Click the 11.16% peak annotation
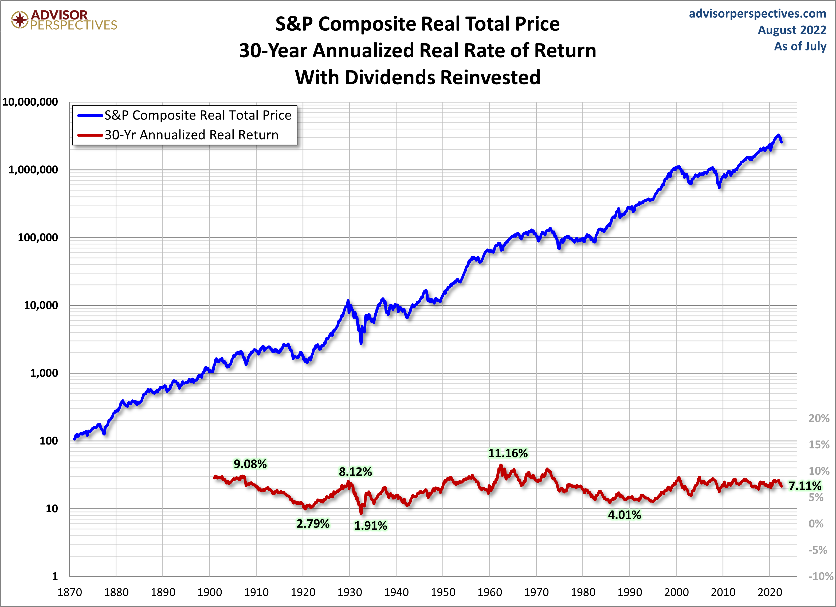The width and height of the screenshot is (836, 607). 508,453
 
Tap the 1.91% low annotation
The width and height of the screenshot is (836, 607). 370,526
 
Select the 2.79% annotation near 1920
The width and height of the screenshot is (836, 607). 313,523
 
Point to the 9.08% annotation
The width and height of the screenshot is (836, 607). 250,464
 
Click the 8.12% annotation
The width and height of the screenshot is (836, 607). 355,471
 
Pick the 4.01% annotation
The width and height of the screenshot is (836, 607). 625,515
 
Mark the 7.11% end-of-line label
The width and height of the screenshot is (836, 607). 805,486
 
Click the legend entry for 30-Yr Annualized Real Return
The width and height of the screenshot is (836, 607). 191,135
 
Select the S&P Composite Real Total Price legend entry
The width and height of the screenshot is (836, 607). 198,115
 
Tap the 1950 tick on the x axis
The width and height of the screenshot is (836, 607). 443,592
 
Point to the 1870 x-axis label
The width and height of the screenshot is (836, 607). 70,592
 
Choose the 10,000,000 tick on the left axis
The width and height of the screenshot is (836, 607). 30,102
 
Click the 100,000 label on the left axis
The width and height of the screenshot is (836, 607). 38,237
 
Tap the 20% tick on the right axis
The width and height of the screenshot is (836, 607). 819,418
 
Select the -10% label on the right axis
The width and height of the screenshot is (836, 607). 821,576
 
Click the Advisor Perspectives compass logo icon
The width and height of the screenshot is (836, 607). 19,19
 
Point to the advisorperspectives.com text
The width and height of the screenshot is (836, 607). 757,14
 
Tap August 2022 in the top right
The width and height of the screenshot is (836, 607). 792,30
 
